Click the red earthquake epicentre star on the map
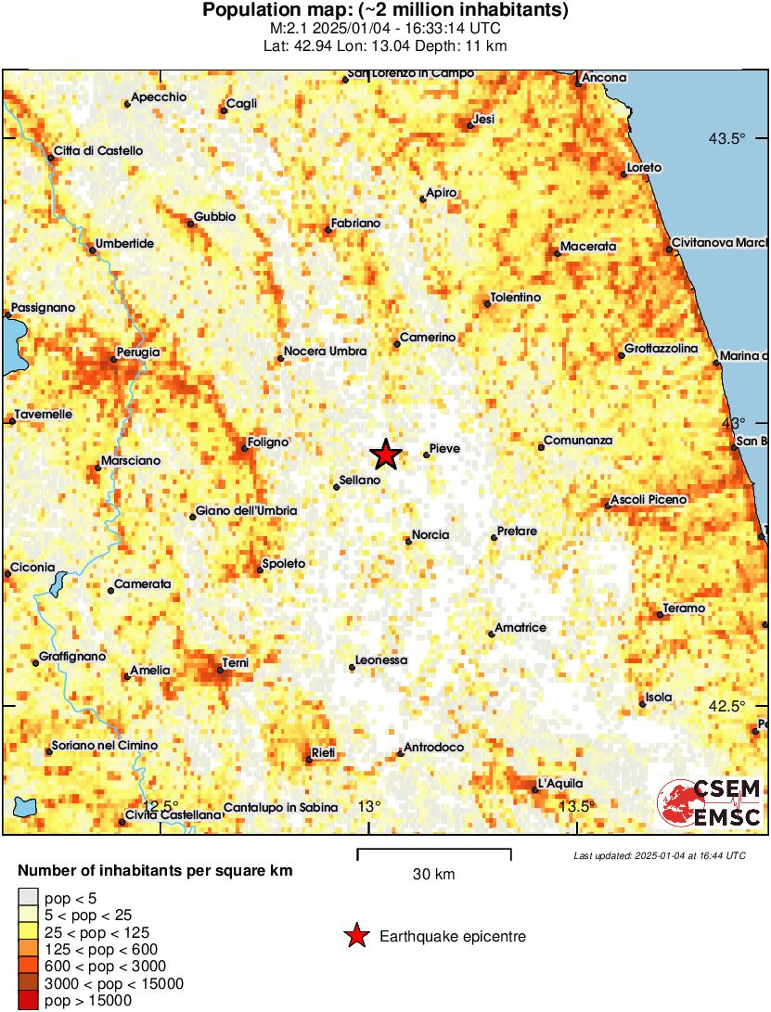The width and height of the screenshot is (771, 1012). (x=386, y=455)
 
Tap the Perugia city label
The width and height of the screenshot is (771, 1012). (x=138, y=352)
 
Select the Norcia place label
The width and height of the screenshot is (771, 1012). (x=430, y=535)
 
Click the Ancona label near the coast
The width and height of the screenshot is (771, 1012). (x=604, y=78)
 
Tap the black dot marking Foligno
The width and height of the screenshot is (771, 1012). (x=245, y=449)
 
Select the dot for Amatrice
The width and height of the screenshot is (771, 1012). (x=491, y=634)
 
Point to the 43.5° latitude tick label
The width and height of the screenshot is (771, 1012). (x=727, y=139)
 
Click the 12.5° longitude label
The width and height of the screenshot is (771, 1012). (x=161, y=805)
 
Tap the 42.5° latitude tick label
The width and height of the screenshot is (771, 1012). (x=727, y=706)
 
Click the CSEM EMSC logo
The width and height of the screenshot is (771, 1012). (x=710, y=803)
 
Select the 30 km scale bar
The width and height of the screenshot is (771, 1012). (x=433, y=852)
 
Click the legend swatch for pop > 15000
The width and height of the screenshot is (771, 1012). (x=29, y=1000)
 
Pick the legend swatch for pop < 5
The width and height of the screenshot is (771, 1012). (x=29, y=897)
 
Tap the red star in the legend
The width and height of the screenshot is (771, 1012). (x=356, y=937)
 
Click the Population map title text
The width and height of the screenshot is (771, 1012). (x=385, y=11)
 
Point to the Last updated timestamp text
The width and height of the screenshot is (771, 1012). (x=659, y=855)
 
